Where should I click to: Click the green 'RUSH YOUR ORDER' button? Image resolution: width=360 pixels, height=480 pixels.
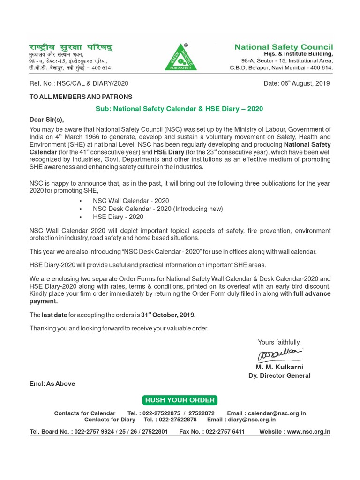[180, 400]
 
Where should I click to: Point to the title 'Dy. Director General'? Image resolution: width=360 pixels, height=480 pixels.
[279, 375]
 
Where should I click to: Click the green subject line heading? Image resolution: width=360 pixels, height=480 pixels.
[180, 109]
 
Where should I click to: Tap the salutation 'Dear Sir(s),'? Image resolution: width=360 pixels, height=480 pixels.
[46, 119]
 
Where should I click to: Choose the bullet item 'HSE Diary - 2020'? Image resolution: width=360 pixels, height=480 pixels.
[118, 217]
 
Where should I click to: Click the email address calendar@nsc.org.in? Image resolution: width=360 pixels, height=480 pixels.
[277, 413]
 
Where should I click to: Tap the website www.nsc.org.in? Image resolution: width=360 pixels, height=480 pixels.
[308, 432]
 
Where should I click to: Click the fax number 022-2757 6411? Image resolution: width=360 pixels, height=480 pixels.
[225, 432]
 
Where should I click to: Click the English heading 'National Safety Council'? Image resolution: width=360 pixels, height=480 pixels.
[284, 47]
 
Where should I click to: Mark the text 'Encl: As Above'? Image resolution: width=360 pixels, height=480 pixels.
[52, 383]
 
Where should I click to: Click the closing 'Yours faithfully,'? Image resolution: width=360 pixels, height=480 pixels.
[279, 342]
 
